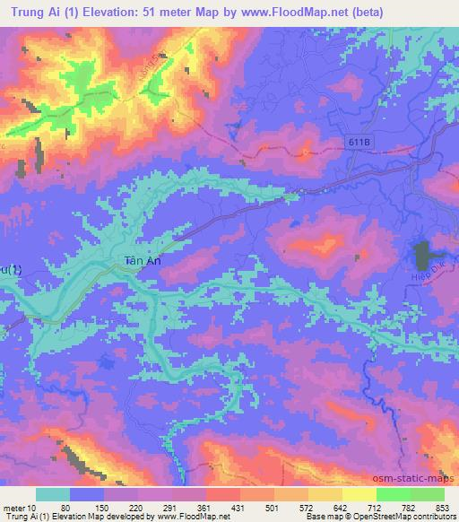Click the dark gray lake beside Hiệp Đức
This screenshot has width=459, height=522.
coord(420,254)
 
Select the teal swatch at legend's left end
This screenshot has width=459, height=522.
coord(53,494)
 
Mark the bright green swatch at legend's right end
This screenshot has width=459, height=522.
coord(427,494)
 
